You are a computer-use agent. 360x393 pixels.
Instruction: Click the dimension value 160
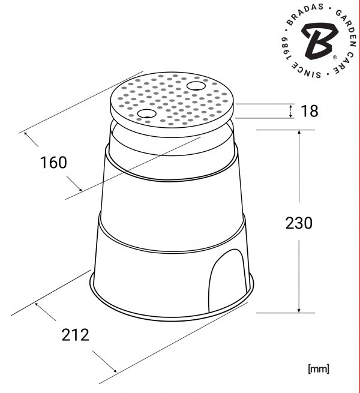coord(53,163)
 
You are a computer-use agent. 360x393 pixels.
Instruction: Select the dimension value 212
coord(76,335)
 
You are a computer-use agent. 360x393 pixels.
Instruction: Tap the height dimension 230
coord(299,223)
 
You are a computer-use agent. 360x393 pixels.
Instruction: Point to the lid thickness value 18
coord(310,111)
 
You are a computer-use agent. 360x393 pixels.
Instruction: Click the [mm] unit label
coord(319,369)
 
